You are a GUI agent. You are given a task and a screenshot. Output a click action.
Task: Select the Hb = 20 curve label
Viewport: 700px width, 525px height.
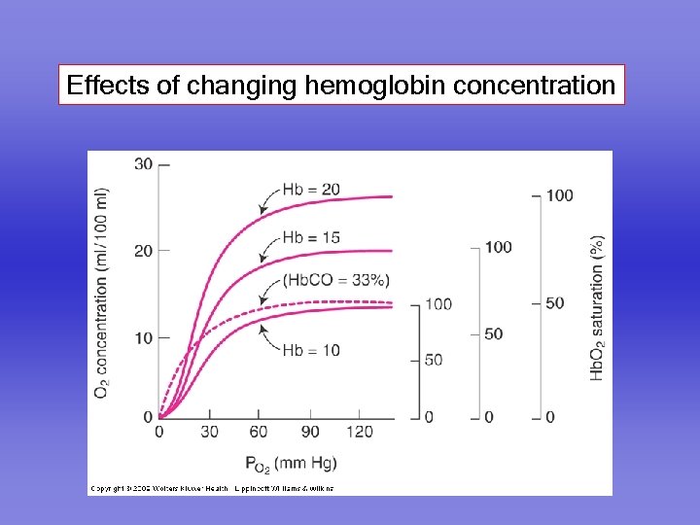311,189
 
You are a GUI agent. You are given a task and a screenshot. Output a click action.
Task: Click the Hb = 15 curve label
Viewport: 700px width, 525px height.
311,236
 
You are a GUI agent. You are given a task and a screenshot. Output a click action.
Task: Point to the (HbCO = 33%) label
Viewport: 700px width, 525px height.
336,280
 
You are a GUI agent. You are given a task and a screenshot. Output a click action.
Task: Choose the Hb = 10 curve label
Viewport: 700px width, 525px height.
311,350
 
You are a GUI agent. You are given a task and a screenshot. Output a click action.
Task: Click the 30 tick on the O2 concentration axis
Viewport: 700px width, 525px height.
143,163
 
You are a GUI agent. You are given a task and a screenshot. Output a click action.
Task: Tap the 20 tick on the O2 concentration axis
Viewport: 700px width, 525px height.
143,251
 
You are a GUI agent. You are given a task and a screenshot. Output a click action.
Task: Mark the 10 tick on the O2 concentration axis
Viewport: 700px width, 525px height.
143,337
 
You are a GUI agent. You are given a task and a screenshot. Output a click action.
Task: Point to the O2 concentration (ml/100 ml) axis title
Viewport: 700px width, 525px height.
102,292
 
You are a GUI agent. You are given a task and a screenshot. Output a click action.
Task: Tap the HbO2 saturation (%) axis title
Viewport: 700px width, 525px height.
597,306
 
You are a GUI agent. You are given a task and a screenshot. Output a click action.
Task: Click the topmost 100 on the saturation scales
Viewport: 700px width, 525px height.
559,195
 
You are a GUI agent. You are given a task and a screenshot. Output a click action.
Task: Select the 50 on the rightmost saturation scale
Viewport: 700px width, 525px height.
554,303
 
